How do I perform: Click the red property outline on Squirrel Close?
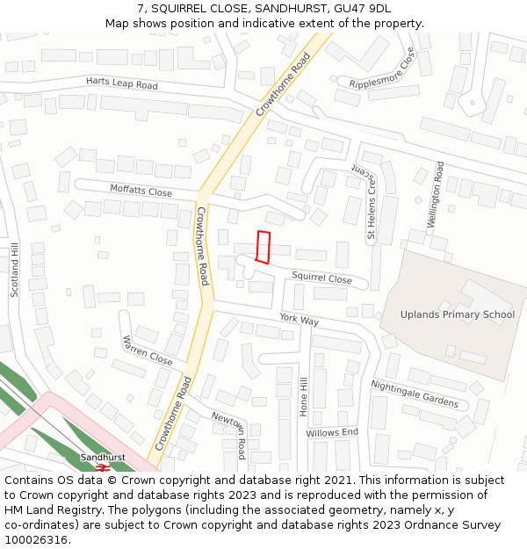[x=262, y=247]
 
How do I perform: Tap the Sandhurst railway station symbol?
[x=103, y=468]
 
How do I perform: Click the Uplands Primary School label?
[x=458, y=314]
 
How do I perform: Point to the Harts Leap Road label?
[x=122, y=84]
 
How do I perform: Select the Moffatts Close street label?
[x=141, y=190]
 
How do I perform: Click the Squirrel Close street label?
[x=321, y=278]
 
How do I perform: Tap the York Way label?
[x=299, y=319]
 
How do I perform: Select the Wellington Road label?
[x=436, y=195]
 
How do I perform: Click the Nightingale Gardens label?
[x=415, y=394]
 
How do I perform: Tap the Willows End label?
[x=332, y=432]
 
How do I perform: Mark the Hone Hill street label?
[x=304, y=397]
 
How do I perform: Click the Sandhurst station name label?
[x=103, y=458]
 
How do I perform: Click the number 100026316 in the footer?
[x=36, y=539]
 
